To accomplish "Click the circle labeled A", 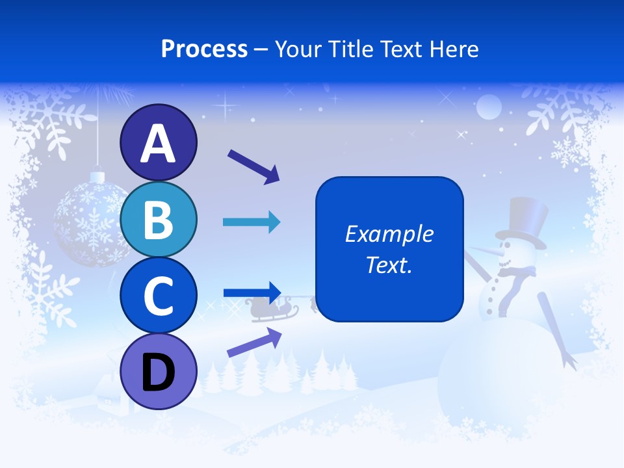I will tap(158, 143).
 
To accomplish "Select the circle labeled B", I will tap(158, 220).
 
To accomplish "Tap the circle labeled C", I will tap(158, 296).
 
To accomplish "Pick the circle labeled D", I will tap(158, 372).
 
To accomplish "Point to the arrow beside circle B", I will tap(252, 222).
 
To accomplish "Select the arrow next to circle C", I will tap(252, 291).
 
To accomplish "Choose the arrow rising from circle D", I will tap(254, 342).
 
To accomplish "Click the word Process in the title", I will tap(204, 49).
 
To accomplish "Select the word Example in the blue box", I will tap(389, 234).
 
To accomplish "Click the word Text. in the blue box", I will tap(389, 265).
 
